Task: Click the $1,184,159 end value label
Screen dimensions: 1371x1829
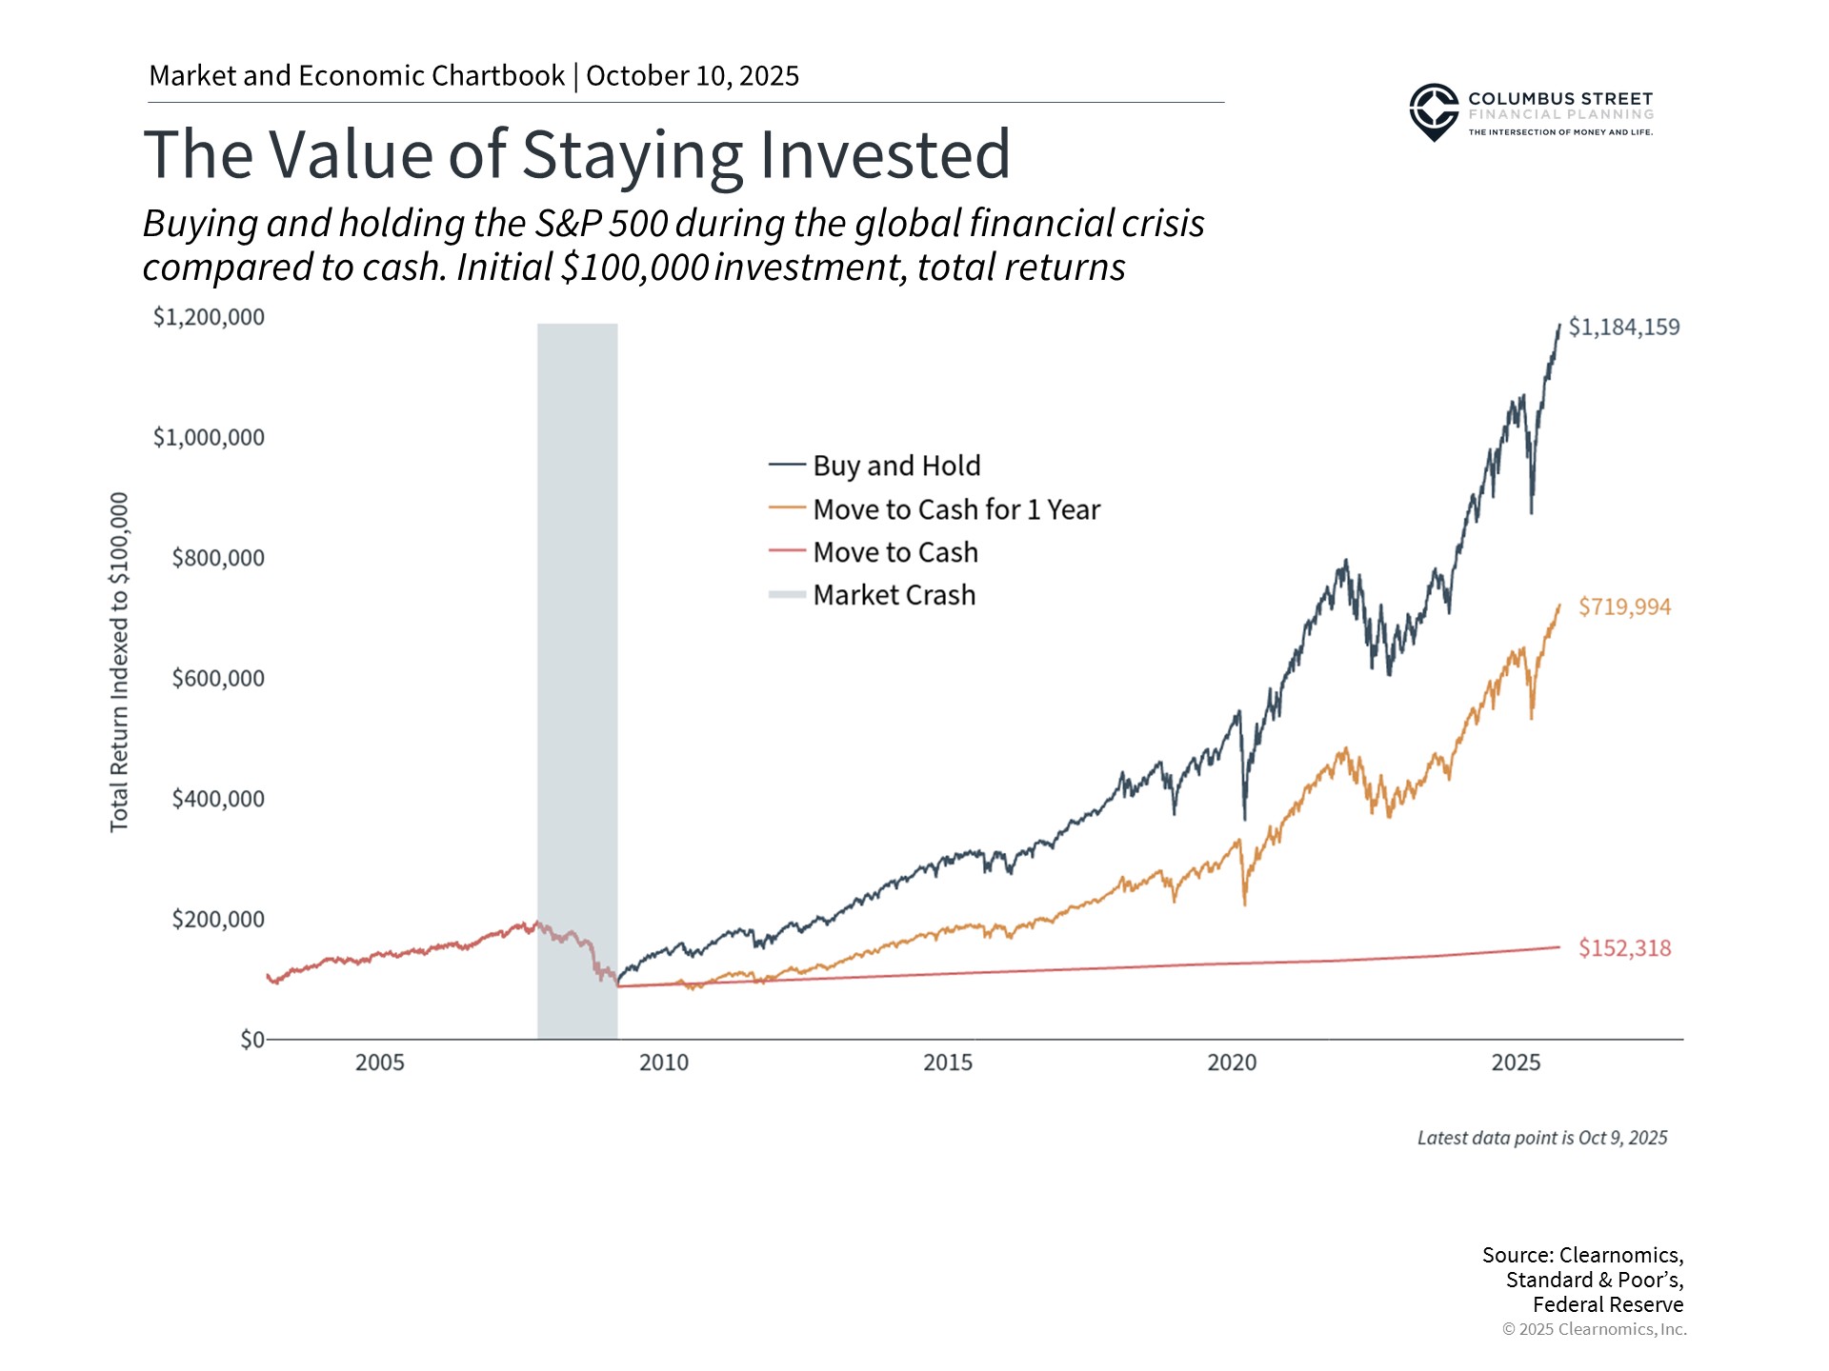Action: (x=1623, y=327)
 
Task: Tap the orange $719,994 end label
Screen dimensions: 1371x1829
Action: (x=1623, y=606)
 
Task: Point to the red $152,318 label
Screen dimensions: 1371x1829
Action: (x=1623, y=947)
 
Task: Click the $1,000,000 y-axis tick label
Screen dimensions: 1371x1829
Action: (x=209, y=437)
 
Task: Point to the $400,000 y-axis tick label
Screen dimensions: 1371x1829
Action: (x=217, y=798)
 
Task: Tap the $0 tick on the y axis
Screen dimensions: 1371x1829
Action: (x=251, y=1039)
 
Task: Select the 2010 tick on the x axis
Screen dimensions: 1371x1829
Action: (x=663, y=1063)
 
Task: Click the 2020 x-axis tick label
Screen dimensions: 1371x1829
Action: (x=1231, y=1063)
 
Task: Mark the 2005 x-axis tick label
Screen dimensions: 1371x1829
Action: (x=379, y=1063)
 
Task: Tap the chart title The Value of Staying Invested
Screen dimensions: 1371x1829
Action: (x=576, y=154)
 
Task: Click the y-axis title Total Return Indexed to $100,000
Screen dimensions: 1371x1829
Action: (x=119, y=662)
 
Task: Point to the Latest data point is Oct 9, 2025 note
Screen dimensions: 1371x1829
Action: (x=1541, y=1138)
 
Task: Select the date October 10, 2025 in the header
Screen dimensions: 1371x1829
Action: (x=693, y=76)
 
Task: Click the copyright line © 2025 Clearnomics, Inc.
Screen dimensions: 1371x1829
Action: (x=1594, y=1329)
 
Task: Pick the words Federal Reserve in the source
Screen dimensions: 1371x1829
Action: (x=1607, y=1304)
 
